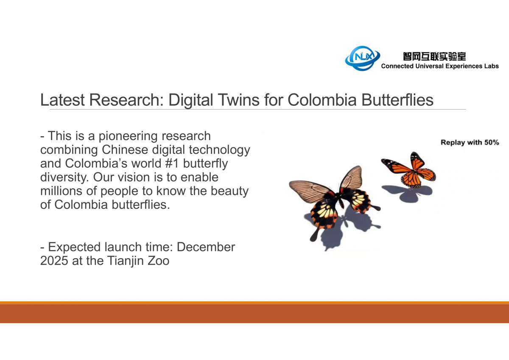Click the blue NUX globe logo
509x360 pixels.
click(x=362, y=58)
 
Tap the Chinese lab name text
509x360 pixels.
click(x=434, y=56)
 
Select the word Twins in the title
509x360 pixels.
click(x=238, y=100)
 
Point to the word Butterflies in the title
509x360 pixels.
click(x=397, y=100)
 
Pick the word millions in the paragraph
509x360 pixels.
click(x=61, y=191)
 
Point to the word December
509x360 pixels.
click(x=206, y=247)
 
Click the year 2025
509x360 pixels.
click(x=54, y=261)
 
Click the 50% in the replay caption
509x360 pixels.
click(x=492, y=142)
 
